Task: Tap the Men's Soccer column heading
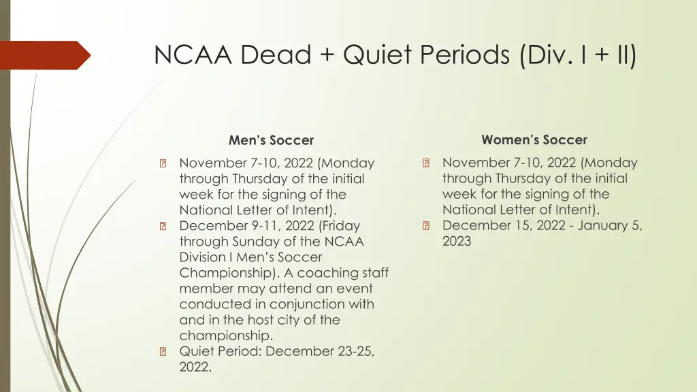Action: click(x=271, y=140)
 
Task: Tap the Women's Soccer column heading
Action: click(x=534, y=140)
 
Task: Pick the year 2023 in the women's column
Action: click(x=457, y=241)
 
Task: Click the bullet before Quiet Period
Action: click(x=163, y=352)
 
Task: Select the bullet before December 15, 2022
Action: click(x=426, y=226)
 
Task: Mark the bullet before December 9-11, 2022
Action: click(x=163, y=226)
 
